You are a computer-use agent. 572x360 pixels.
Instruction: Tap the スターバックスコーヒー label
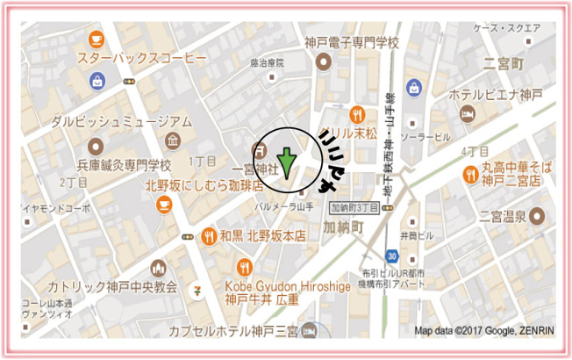tap(142, 58)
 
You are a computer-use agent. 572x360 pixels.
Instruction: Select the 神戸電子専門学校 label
tap(352, 42)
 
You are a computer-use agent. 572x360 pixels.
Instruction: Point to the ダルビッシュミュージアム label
tap(121, 120)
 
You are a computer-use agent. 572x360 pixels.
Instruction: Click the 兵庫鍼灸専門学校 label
tap(124, 163)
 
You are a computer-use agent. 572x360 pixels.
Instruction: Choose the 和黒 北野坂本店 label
tap(262, 235)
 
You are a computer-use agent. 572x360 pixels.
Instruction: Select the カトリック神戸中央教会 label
tap(112, 287)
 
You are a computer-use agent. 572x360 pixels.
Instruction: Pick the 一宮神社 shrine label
tap(255, 167)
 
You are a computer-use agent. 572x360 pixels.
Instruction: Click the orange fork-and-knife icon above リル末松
tap(356, 114)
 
